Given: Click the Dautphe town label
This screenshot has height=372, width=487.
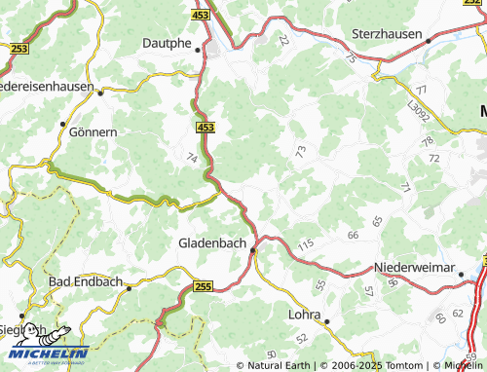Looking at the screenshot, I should coord(167,43).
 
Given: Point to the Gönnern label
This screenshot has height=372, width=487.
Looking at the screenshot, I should coord(95,131).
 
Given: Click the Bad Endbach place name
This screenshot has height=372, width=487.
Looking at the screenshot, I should coord(86,281).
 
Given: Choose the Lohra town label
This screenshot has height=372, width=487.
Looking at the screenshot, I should coord(304,314).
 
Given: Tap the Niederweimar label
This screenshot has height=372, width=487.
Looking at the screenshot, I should coord(414,267).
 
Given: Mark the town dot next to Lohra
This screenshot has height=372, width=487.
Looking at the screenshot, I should coord(327,320).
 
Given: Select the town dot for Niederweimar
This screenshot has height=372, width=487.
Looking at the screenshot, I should coord(461,275).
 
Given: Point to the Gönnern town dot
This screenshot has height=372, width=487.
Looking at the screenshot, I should coord(62,125).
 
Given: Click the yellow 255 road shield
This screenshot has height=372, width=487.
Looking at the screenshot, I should coord(202,285).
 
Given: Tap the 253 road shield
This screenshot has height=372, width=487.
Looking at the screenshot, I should coord(18,47).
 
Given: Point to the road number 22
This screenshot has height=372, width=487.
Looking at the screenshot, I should coord(282,41).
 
